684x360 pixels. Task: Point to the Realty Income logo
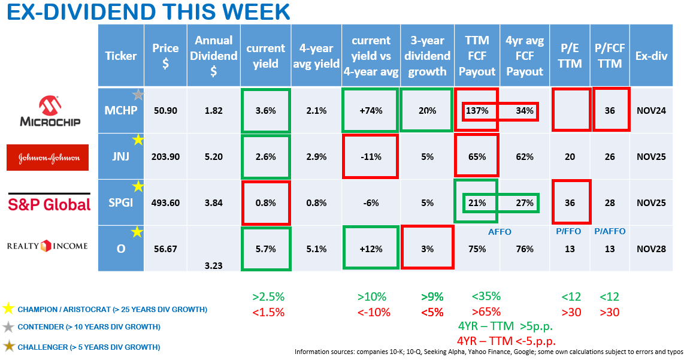[x=47, y=246]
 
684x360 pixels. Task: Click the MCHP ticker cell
[x=120, y=111]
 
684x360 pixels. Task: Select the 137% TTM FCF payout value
[x=477, y=111]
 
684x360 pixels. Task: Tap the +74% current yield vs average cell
[x=371, y=111]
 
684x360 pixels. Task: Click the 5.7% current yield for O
[x=265, y=249]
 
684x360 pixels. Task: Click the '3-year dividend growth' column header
[x=427, y=56]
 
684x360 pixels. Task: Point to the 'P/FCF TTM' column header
[x=610, y=56]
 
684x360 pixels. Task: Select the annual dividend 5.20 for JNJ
[x=214, y=157]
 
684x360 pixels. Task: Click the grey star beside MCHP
[x=138, y=94]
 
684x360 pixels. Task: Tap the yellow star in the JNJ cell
[x=138, y=140]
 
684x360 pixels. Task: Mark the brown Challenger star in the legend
[x=8, y=346]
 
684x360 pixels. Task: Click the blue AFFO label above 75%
[x=500, y=232]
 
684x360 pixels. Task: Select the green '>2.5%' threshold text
[x=268, y=297]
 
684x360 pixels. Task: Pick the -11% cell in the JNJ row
[x=371, y=157]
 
